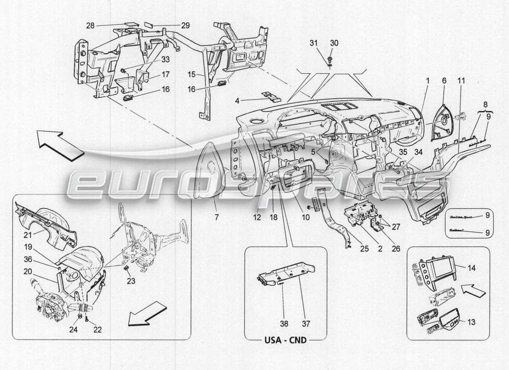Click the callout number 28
point(90,25)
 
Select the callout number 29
point(185,25)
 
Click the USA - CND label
point(286,340)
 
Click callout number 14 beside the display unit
point(471,268)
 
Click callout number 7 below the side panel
point(216,216)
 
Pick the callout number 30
point(334,43)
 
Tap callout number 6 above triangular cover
point(444,80)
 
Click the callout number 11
point(461,80)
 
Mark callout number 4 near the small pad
point(249,100)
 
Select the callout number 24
point(74,329)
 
